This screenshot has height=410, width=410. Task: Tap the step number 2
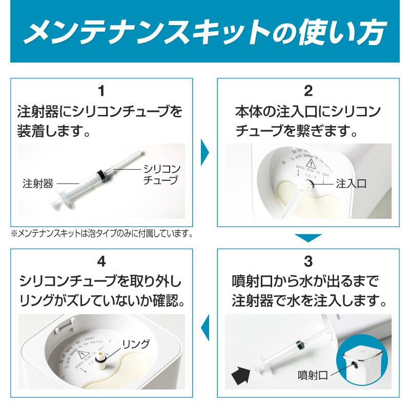[x=308, y=92]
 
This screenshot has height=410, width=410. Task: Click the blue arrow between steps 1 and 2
[x=205, y=152]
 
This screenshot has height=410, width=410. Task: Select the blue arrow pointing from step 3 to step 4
[x=205, y=324]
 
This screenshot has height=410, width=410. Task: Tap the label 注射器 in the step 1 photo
[x=37, y=183]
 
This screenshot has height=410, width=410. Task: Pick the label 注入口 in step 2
[x=351, y=183]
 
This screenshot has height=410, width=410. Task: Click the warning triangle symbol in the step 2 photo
[x=311, y=163]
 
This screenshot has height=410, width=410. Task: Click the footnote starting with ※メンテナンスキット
[x=102, y=234]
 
